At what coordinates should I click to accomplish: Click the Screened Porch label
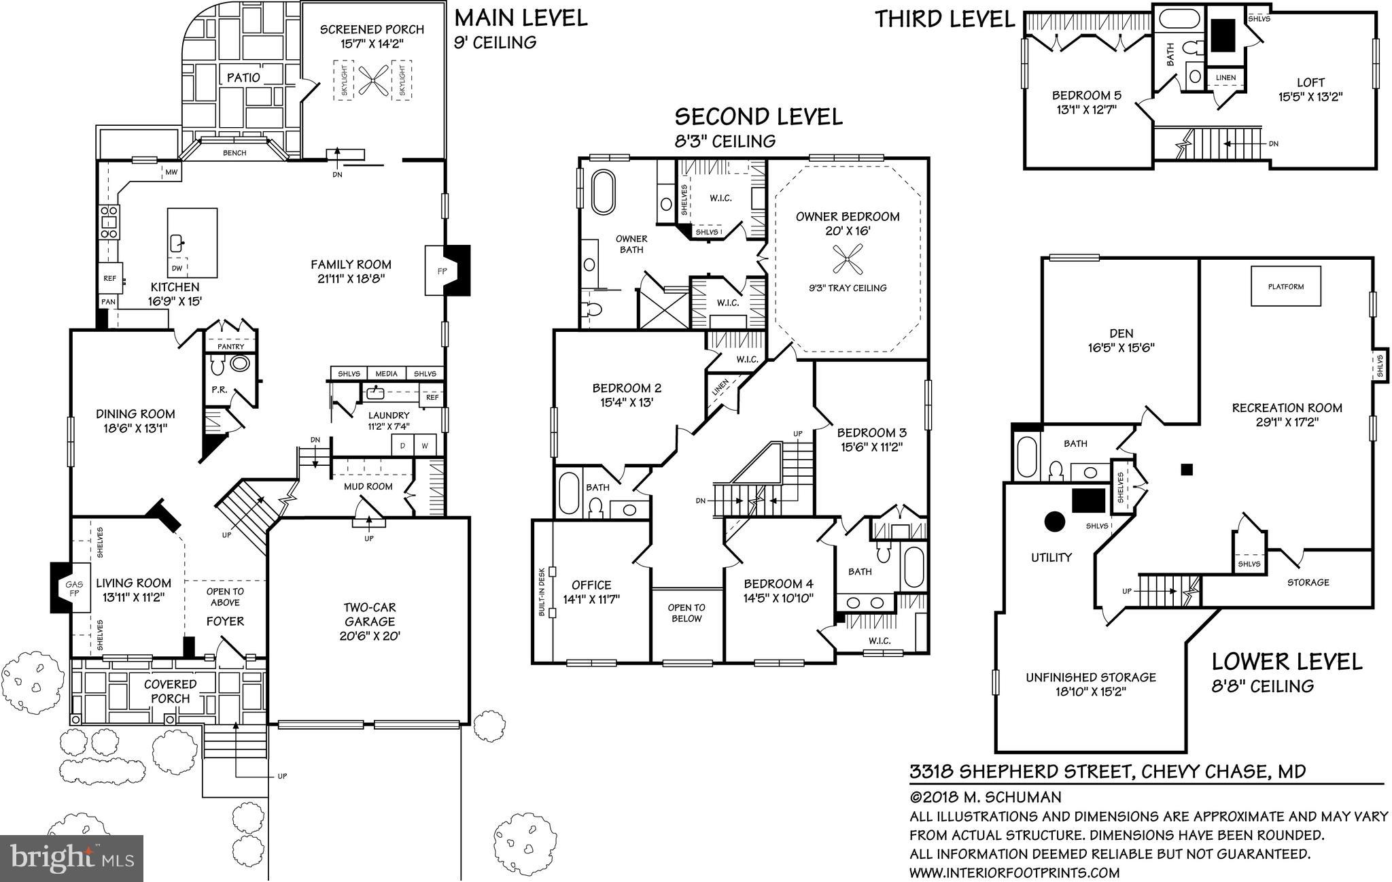click(372, 29)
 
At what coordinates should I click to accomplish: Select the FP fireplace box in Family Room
click(434, 270)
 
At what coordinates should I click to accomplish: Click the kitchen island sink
click(178, 241)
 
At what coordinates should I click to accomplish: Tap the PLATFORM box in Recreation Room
click(1286, 286)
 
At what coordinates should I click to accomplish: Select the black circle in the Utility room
click(1054, 522)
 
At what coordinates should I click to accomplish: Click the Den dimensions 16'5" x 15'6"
click(1121, 347)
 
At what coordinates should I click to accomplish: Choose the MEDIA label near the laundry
click(386, 373)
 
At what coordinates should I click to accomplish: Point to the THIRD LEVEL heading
click(944, 19)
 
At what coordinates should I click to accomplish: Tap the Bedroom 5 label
click(1086, 95)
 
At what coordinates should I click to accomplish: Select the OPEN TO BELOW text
click(686, 613)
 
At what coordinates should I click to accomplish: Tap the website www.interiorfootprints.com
click(1014, 872)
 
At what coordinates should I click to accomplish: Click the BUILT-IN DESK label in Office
click(542, 591)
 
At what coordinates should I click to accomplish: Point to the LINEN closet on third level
click(1225, 78)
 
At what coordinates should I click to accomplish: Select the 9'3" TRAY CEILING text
click(848, 288)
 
